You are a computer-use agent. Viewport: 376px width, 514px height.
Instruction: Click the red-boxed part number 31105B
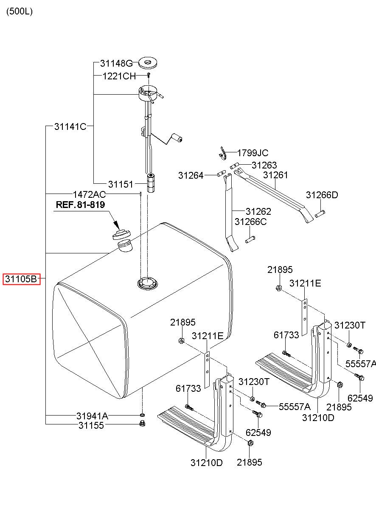point(21,279)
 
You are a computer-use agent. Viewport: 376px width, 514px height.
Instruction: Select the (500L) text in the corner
point(20,11)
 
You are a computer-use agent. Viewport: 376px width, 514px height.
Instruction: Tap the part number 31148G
point(116,63)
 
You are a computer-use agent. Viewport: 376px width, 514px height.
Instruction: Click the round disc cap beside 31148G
point(148,62)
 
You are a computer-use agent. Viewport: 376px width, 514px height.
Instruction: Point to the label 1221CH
point(119,76)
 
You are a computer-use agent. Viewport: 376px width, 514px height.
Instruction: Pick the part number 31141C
point(70,126)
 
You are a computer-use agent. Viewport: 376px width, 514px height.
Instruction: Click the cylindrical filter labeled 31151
point(151,183)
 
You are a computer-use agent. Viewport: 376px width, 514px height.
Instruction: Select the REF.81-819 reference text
point(80,205)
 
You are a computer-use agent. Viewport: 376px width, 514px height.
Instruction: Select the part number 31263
point(264,165)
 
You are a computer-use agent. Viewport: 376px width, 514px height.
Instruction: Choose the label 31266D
point(322,195)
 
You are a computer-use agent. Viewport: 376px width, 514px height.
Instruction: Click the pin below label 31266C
point(250,239)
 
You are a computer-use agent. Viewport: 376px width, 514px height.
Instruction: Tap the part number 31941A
point(92,416)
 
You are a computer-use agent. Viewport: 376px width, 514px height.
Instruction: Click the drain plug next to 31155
point(142,423)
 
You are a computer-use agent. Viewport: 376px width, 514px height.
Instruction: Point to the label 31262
point(258,211)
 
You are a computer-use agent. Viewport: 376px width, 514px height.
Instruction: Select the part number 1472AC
point(89,194)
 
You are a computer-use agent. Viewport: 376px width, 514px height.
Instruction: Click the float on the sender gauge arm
point(177,138)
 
